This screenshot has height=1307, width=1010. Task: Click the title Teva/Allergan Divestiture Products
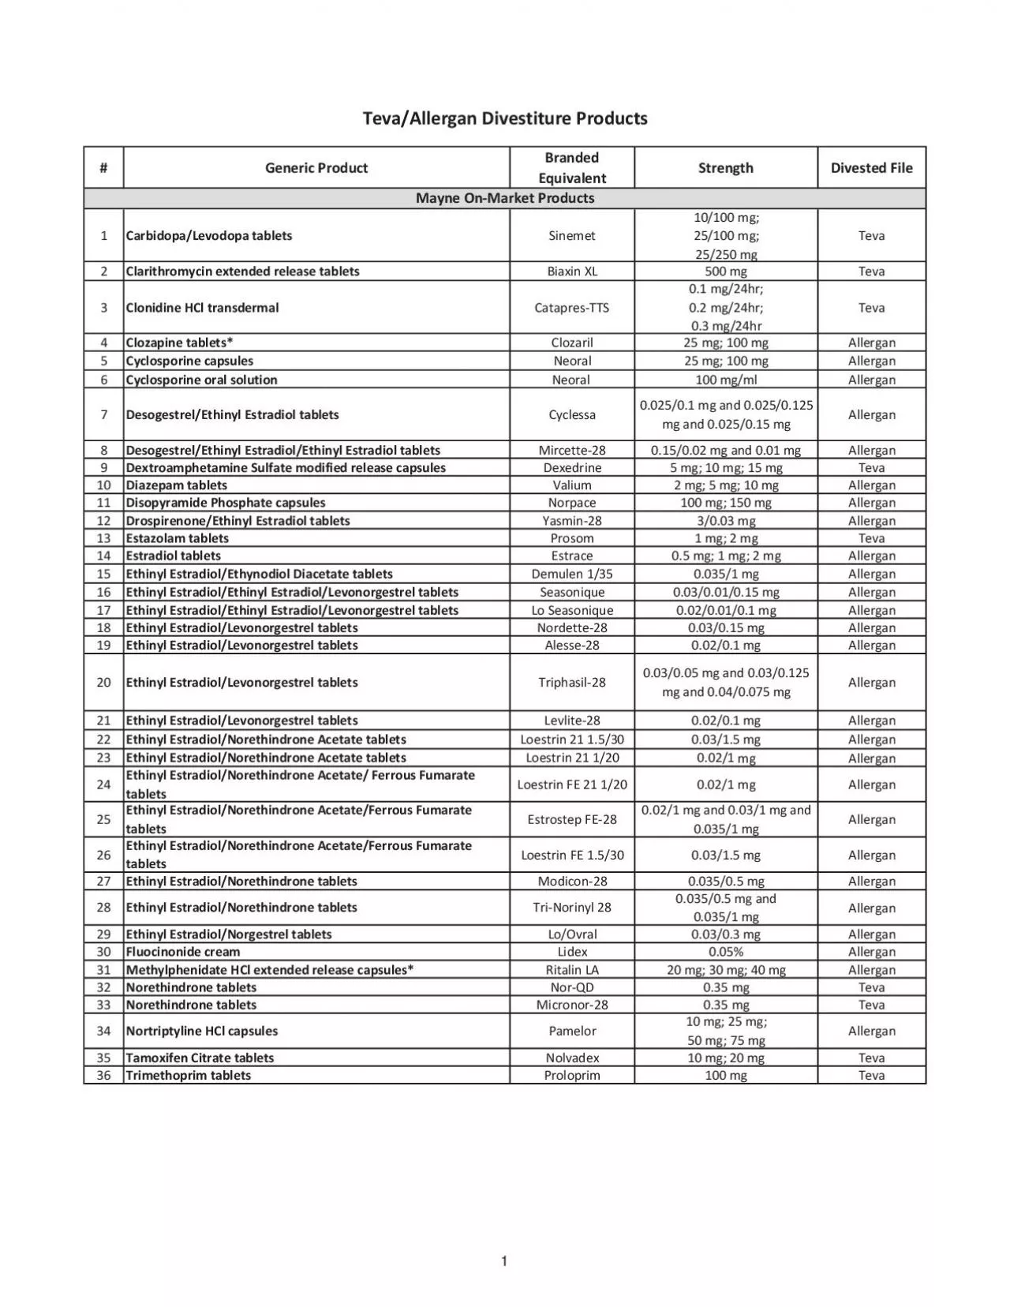click(x=505, y=118)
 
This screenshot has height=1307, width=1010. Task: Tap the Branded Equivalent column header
click(x=571, y=167)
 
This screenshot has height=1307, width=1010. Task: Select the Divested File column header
click(x=871, y=167)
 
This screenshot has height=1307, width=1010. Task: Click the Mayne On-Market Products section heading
click(x=505, y=198)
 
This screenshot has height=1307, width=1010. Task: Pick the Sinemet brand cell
click(x=571, y=235)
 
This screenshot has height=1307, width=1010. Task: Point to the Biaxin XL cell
click(x=571, y=271)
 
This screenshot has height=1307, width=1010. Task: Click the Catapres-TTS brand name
click(x=571, y=308)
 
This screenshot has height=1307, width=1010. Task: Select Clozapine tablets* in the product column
click(x=180, y=343)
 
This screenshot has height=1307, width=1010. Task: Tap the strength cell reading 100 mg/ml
click(x=725, y=380)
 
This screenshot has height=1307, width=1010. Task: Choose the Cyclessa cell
click(x=571, y=414)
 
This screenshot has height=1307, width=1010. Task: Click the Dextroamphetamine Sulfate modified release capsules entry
click(x=286, y=467)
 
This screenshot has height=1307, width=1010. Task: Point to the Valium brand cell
click(x=571, y=485)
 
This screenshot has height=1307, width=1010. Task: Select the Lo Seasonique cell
click(x=571, y=610)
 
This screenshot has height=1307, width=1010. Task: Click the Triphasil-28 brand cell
click(x=571, y=682)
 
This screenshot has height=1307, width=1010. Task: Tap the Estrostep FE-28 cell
click(x=571, y=819)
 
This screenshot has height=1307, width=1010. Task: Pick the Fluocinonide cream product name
click(x=183, y=952)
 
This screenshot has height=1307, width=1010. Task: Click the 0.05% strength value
click(x=725, y=952)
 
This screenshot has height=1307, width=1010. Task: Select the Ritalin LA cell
click(x=571, y=970)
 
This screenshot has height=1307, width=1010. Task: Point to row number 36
click(x=103, y=1075)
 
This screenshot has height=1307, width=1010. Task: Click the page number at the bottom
click(x=504, y=1261)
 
